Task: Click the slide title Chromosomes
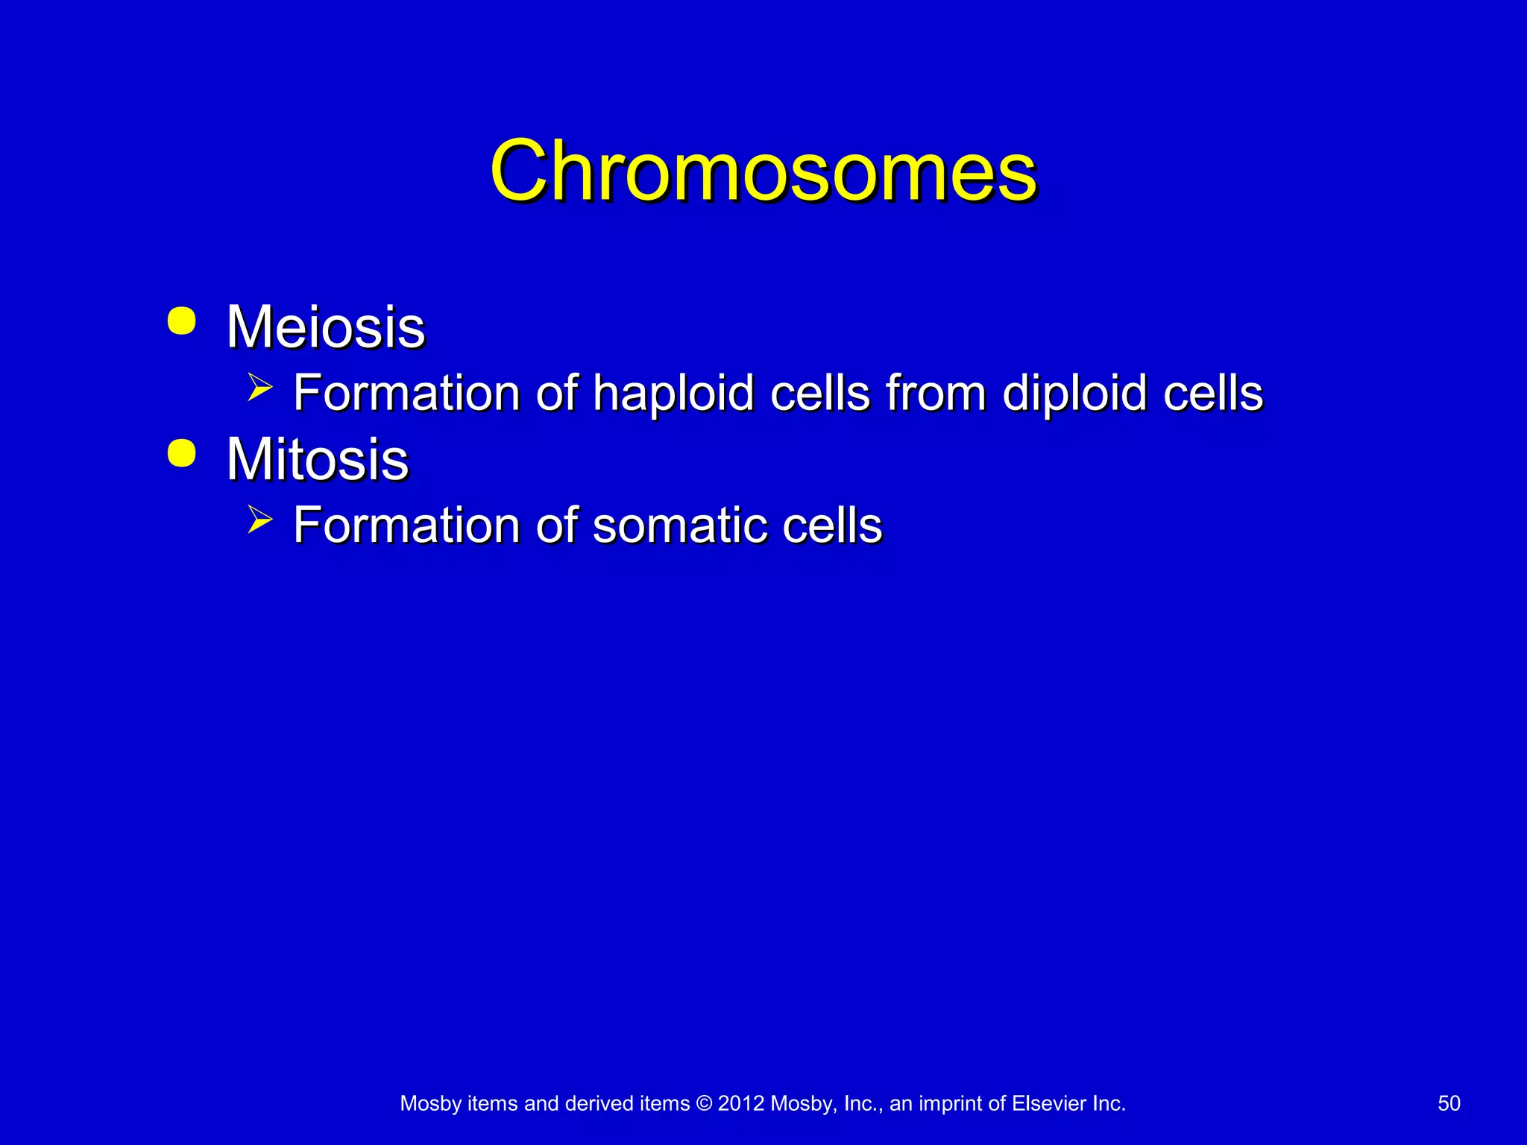pos(763,171)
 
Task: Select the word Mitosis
pos(318,459)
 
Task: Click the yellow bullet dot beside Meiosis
pos(182,321)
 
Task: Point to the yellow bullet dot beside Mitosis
pos(182,453)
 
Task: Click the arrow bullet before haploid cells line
pos(259,388)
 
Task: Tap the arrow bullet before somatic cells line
pos(259,520)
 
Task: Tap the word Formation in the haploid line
pos(406,394)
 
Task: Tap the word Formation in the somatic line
pos(406,526)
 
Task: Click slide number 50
pos(1449,1103)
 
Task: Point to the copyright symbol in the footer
pos(704,1103)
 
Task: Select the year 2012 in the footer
pos(741,1103)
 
